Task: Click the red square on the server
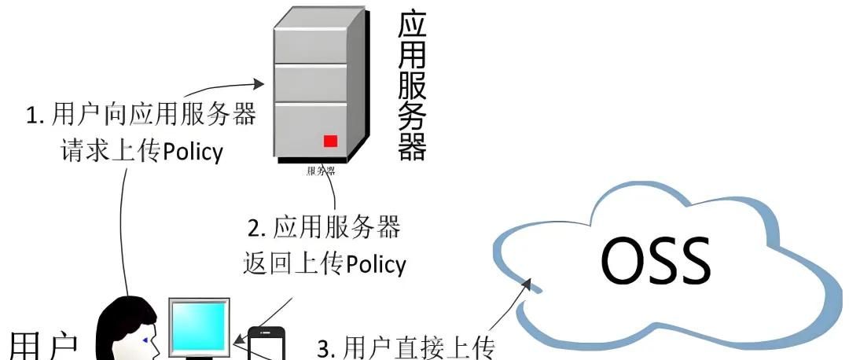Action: pyautogui.click(x=330, y=141)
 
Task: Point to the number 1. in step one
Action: pyautogui.click(x=35, y=116)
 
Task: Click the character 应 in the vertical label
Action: pyautogui.click(x=412, y=27)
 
